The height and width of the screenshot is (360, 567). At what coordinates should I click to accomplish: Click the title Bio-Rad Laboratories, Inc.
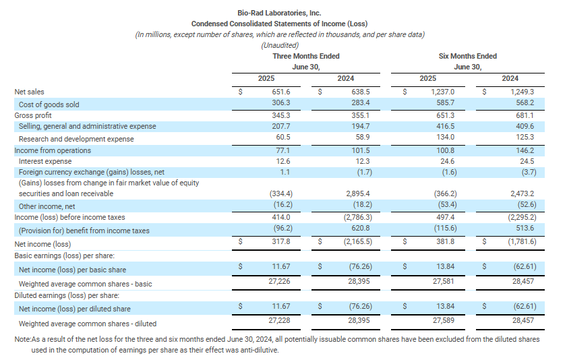[279, 13]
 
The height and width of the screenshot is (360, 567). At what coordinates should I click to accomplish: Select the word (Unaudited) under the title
[280, 46]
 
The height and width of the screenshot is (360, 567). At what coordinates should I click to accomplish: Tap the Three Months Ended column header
[306, 56]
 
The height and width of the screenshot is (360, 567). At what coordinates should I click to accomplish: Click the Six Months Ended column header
[468, 56]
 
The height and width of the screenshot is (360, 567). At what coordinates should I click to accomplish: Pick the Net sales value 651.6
[281, 92]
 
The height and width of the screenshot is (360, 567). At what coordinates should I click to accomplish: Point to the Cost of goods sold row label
[49, 104]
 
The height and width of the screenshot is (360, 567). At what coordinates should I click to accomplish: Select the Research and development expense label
[76, 139]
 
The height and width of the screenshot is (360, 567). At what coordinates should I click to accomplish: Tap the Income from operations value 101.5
[361, 150]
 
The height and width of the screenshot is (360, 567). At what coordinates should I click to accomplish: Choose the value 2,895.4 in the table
[358, 193]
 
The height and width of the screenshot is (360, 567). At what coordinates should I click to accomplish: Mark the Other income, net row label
[47, 206]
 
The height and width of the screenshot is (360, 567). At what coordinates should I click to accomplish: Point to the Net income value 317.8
[281, 241]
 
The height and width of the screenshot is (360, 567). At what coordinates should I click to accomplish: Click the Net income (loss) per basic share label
[72, 270]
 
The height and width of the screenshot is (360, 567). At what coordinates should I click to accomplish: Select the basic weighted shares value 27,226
[279, 281]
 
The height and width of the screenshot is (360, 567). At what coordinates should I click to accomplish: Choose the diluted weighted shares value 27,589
[444, 320]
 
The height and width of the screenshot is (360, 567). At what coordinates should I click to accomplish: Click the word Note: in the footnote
[23, 339]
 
